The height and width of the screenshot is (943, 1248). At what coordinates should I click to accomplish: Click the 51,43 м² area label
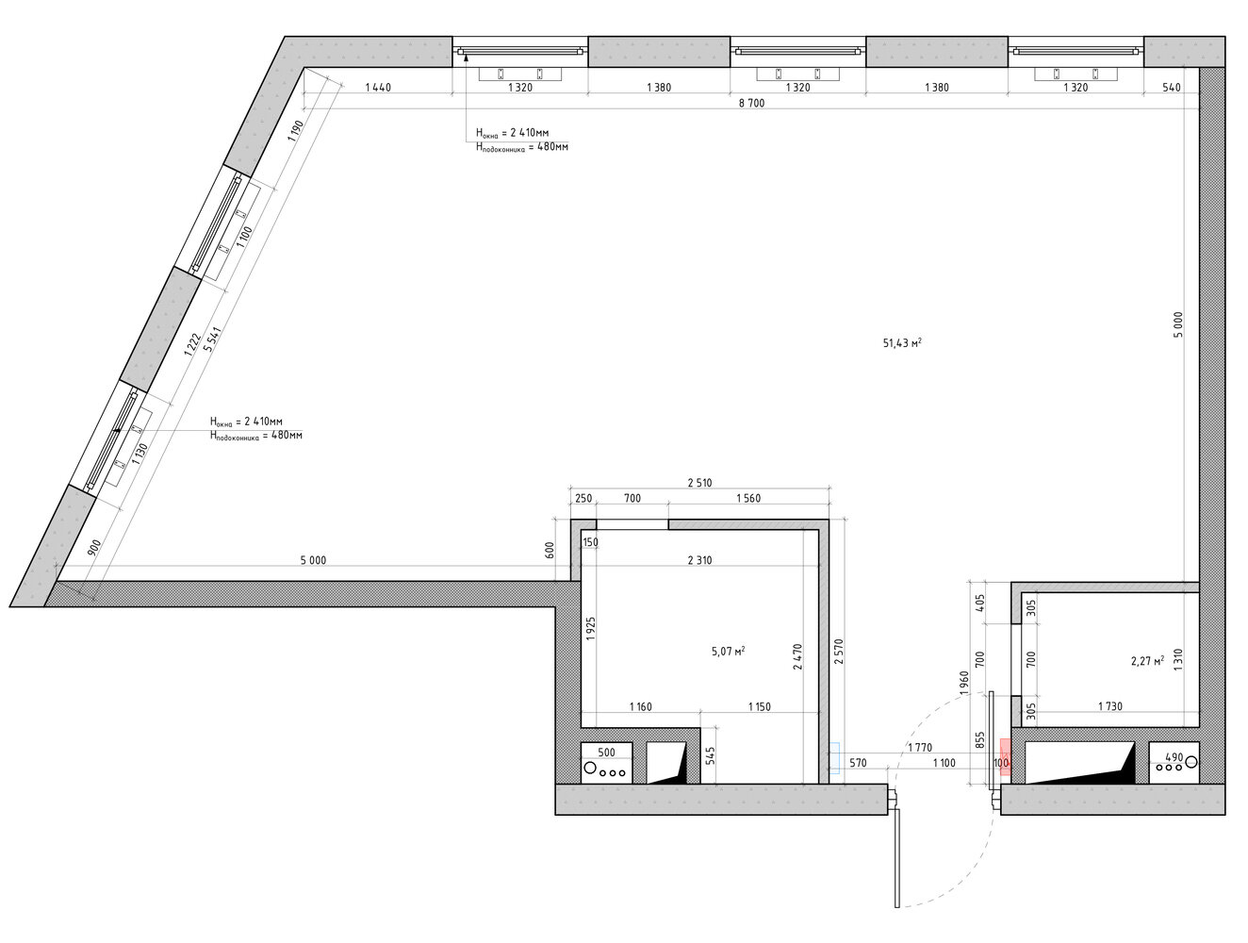901,342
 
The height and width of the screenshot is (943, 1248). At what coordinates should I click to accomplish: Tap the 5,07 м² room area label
728,651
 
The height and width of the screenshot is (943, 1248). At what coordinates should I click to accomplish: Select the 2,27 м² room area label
1147,660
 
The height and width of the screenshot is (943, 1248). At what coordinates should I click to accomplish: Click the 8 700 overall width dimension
751,103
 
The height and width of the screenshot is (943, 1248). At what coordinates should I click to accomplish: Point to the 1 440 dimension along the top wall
378,87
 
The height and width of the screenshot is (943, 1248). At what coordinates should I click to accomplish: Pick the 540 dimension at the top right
1172,87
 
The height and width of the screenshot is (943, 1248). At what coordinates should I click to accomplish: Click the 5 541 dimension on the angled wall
212,339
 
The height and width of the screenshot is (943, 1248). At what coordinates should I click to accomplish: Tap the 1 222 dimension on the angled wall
192,345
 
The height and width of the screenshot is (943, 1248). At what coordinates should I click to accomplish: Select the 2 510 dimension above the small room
699,482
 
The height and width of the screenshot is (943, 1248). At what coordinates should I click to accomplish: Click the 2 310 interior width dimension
699,559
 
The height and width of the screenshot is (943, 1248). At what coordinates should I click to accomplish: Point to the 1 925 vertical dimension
591,628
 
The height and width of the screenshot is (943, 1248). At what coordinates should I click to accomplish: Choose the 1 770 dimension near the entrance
919,747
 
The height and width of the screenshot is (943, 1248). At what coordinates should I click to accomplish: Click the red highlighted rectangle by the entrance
1005,756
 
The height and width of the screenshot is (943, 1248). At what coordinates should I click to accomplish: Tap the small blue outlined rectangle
834,757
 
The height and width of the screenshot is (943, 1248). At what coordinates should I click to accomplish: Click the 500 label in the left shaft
606,752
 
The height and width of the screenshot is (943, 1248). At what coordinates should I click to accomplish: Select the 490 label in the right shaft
1174,757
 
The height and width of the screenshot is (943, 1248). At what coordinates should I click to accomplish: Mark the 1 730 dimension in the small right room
1109,705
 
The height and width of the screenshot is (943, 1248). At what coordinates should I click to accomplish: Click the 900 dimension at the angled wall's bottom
95,547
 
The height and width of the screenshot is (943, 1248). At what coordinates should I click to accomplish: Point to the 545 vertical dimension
710,755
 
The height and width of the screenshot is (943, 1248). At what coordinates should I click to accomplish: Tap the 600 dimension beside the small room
550,550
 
